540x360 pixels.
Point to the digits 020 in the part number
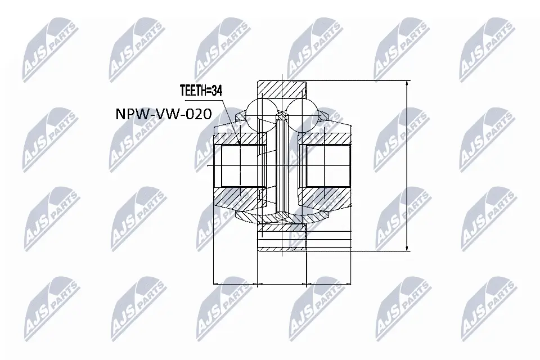(x=197, y=115)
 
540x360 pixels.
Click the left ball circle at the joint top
(x=260, y=109)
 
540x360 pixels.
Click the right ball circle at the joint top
(x=302, y=109)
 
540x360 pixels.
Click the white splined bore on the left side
(x=240, y=166)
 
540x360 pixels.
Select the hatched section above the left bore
(x=239, y=138)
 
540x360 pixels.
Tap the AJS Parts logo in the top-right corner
(x=487, y=48)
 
